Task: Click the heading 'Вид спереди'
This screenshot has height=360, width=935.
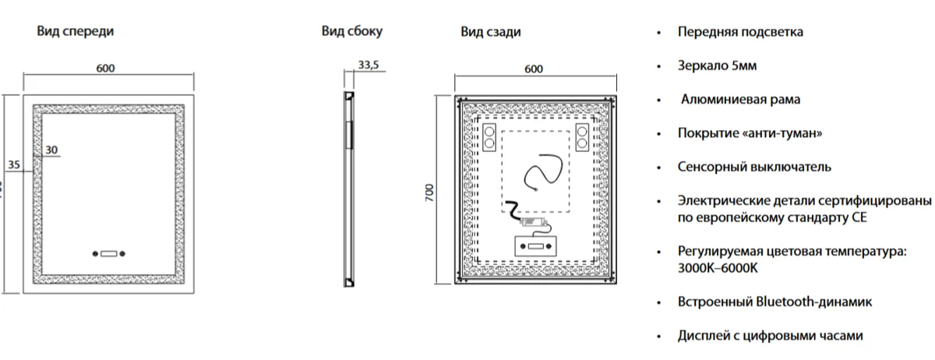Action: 75,31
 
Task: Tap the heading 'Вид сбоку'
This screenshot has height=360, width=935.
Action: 352,31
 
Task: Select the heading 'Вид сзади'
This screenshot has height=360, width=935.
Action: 491,32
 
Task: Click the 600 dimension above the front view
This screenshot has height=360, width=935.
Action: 105,68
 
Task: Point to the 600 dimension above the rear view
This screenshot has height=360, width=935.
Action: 534,69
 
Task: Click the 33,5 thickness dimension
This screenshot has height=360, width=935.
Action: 369,65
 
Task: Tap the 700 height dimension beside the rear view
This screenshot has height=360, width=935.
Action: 429,192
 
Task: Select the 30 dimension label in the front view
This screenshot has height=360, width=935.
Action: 51,150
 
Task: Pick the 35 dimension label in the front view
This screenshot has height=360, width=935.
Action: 14,164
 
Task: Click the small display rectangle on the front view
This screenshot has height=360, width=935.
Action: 108,253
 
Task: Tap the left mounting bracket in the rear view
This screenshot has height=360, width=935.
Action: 489,137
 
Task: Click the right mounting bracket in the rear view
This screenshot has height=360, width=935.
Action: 582,137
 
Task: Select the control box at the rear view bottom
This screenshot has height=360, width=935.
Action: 535,246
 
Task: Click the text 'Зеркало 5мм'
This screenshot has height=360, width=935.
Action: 717,65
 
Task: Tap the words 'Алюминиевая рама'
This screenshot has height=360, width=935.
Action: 740,100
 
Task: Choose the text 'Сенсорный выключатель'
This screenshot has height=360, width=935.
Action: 754,167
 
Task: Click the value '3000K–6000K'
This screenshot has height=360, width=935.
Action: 718,268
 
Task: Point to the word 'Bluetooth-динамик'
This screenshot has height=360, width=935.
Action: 814,302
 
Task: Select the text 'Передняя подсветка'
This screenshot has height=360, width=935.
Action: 740,32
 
